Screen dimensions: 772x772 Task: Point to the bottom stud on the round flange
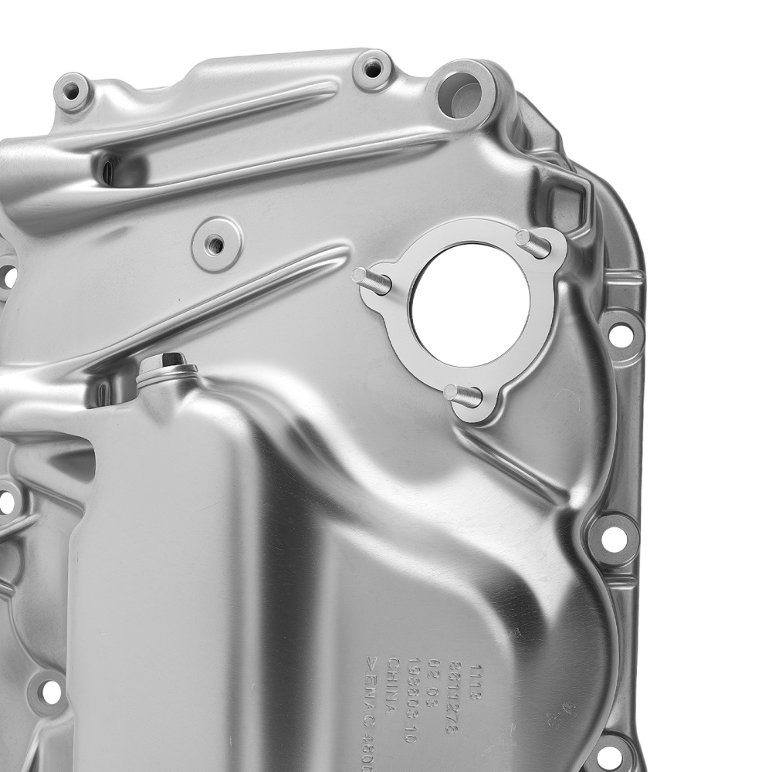462,395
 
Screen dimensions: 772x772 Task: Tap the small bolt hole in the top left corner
72,93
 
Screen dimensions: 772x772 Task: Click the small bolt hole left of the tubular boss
373,69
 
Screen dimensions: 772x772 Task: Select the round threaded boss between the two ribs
216,245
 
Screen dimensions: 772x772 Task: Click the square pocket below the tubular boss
567,198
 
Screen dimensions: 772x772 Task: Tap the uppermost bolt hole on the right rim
620,334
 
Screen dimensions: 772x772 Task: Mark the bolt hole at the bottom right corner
610,754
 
